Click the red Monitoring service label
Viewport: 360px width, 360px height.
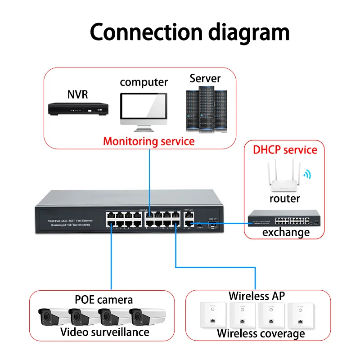point(149,141)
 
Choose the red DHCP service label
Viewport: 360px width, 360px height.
point(285,150)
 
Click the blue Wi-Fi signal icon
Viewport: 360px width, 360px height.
point(307,175)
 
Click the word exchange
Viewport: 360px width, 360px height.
point(286,233)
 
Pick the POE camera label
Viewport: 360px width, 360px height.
point(103,300)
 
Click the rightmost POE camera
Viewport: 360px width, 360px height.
point(144,317)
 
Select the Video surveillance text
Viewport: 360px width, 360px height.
point(105,333)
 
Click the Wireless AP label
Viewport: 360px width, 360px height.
point(257,296)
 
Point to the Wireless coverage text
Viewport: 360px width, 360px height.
point(261,334)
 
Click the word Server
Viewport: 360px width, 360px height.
point(205,78)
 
